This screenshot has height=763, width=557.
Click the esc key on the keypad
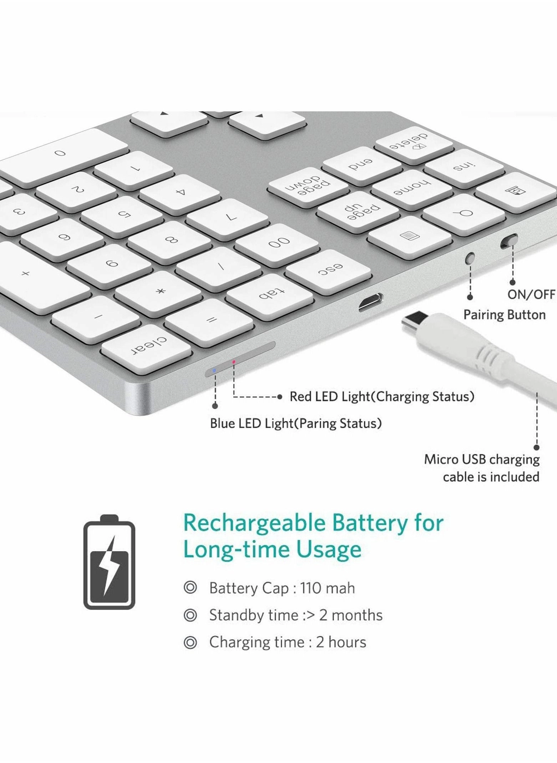point(329,270)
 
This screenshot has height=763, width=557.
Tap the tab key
point(270,295)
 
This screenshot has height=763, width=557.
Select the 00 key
point(277,243)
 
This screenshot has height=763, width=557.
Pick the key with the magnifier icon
point(464,214)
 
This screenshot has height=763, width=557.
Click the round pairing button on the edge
point(471,257)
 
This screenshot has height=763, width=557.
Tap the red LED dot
point(234,362)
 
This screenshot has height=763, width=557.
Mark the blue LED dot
point(214,370)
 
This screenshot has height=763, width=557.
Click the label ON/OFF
point(531,294)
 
